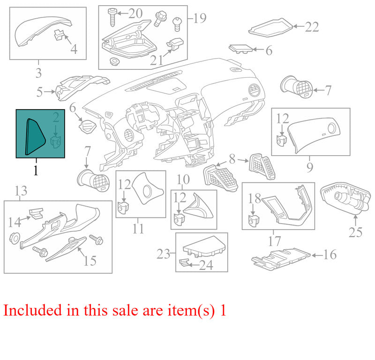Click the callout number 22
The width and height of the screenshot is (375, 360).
coord(312,27)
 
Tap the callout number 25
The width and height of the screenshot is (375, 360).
coord(355,232)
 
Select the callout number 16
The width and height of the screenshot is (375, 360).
coord(330,255)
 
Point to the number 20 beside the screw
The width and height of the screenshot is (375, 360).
coord(135,13)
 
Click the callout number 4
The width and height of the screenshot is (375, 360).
coord(74,49)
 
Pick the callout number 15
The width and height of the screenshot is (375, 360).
coord(90,261)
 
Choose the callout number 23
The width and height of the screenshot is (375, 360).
coord(163,254)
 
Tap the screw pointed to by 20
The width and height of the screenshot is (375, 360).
coord(112,17)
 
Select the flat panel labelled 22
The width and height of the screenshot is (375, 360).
coord(270,27)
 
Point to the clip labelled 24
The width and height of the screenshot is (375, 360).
coord(184,262)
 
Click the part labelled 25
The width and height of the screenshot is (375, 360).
coord(346,197)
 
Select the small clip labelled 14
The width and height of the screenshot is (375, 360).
coord(36,213)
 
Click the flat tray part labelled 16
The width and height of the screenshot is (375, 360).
coord(281,259)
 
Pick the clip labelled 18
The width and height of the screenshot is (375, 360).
coord(254,220)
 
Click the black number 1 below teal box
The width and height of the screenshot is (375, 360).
coord(36,170)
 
